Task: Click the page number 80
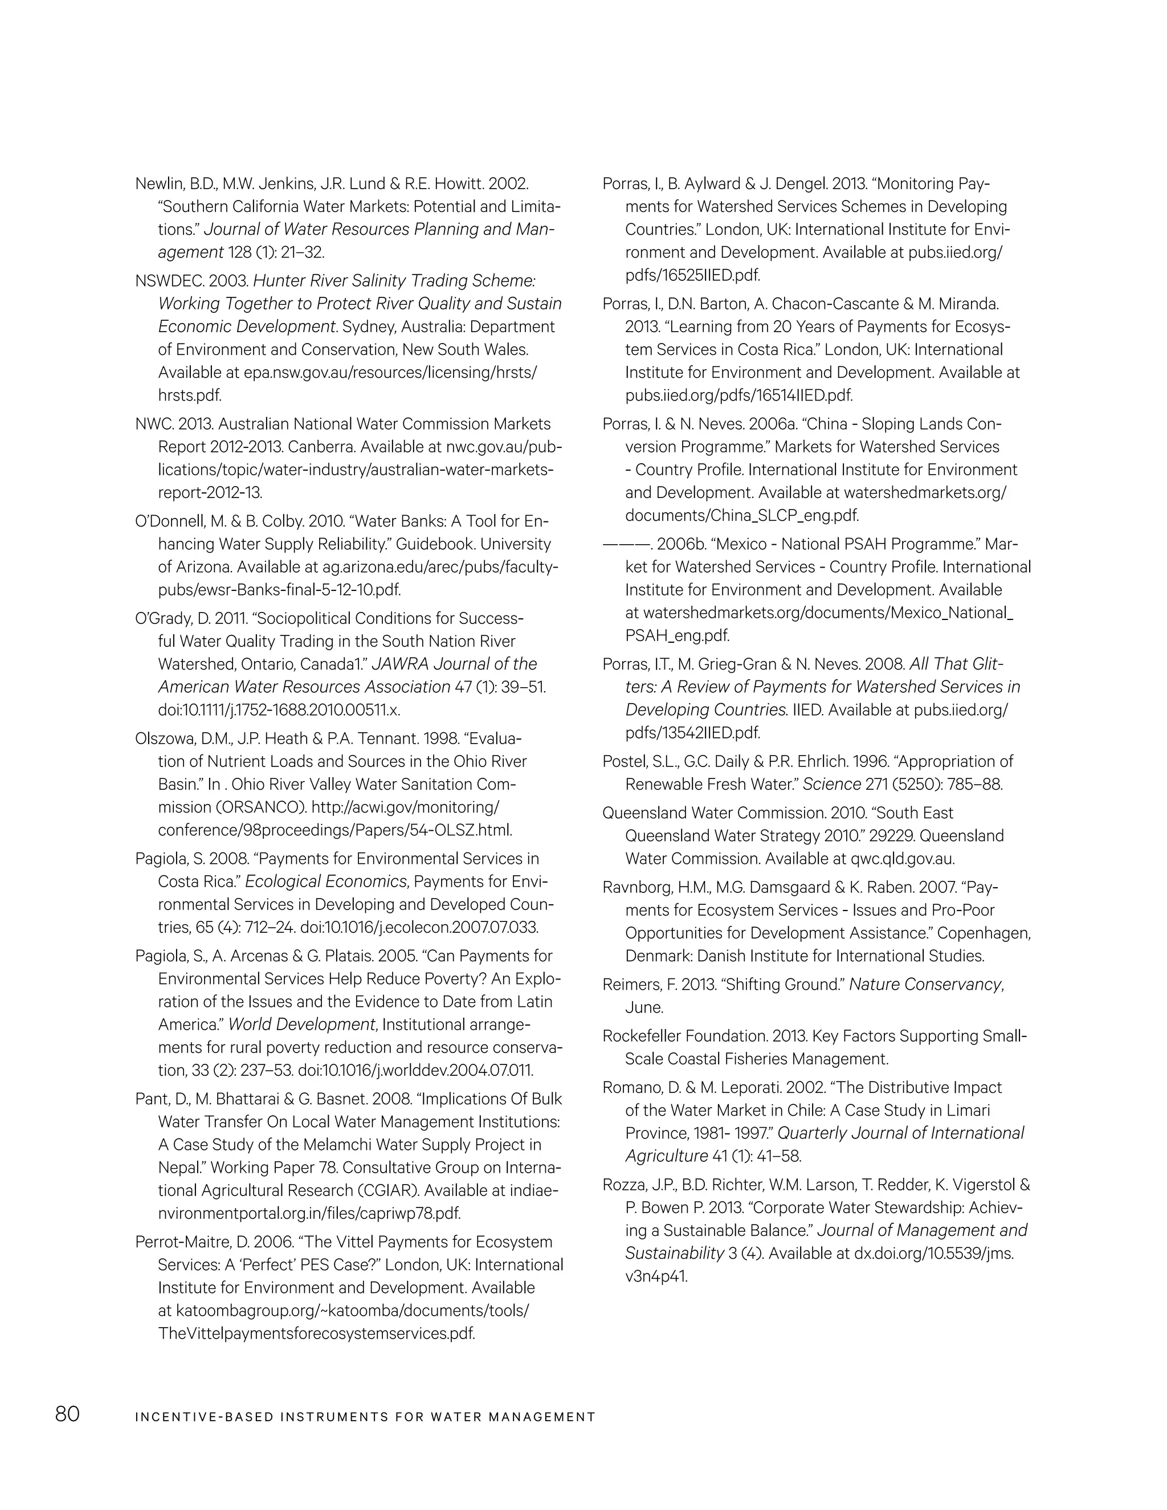pos(68,1415)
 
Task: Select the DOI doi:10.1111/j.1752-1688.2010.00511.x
pos(279,710)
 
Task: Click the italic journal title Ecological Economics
pos(325,881)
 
